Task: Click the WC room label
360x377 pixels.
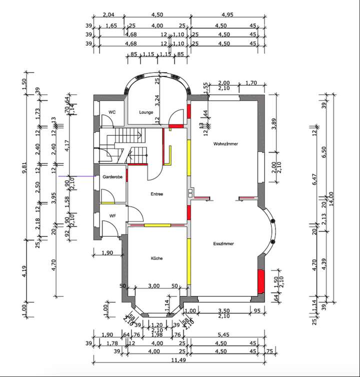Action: point(112,112)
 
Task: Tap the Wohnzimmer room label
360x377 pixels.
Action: point(225,144)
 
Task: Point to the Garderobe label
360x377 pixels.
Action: point(112,177)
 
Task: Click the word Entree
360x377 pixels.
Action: point(157,193)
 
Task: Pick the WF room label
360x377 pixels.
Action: point(112,215)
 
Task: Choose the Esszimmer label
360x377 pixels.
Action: point(223,244)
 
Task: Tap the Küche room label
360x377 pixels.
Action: point(157,258)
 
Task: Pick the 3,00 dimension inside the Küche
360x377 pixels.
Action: point(154,285)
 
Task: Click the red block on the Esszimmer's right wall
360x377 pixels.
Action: point(260,282)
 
